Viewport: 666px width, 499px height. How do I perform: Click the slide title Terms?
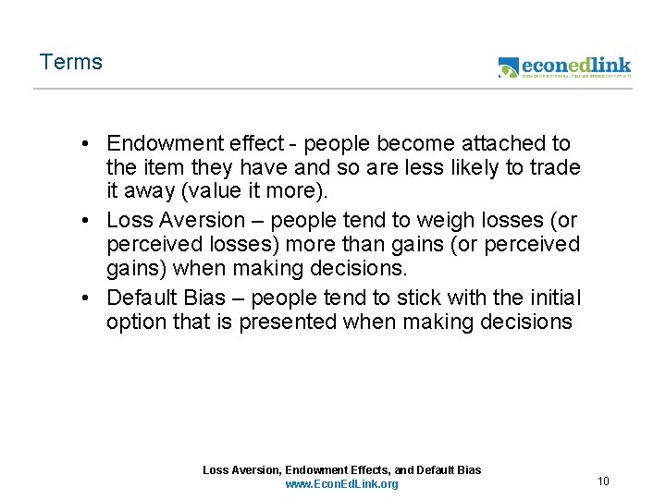click(x=71, y=63)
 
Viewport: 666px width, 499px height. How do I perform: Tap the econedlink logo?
click(x=564, y=67)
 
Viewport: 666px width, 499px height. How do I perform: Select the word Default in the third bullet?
click(x=142, y=298)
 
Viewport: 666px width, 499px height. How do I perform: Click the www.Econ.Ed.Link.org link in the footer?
click(x=341, y=484)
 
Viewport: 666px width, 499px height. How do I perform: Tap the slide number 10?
click(x=603, y=481)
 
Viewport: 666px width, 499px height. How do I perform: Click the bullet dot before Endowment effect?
click(x=84, y=144)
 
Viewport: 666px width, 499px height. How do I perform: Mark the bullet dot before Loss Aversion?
click(x=84, y=221)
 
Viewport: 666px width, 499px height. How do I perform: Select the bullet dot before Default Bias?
click(x=84, y=298)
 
